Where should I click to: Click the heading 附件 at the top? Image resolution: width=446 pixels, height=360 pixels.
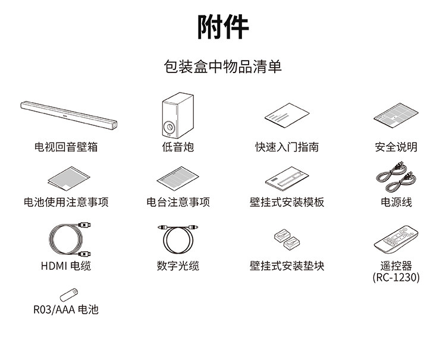223,26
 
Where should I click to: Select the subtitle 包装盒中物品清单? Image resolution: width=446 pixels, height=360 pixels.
223,66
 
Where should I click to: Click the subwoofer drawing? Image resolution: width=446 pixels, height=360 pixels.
178,116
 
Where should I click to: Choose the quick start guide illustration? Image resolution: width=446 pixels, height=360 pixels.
287,117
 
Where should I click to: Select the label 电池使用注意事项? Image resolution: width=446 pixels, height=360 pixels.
66,202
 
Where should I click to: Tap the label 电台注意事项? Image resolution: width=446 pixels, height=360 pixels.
178,202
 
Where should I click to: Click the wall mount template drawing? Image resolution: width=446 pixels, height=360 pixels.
287,178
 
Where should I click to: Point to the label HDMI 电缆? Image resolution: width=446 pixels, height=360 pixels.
66,266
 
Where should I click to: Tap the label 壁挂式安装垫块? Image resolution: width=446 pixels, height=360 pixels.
287,266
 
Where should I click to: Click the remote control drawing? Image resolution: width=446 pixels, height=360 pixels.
396,239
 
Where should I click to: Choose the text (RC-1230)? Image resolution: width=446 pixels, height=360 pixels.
396,277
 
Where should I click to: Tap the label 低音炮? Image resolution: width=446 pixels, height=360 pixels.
178,147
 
